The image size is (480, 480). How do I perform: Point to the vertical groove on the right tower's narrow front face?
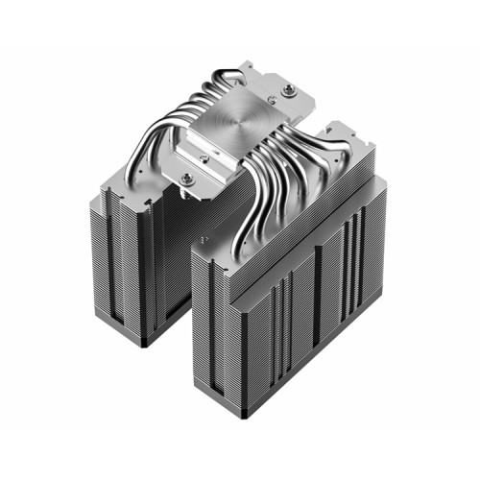215,336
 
